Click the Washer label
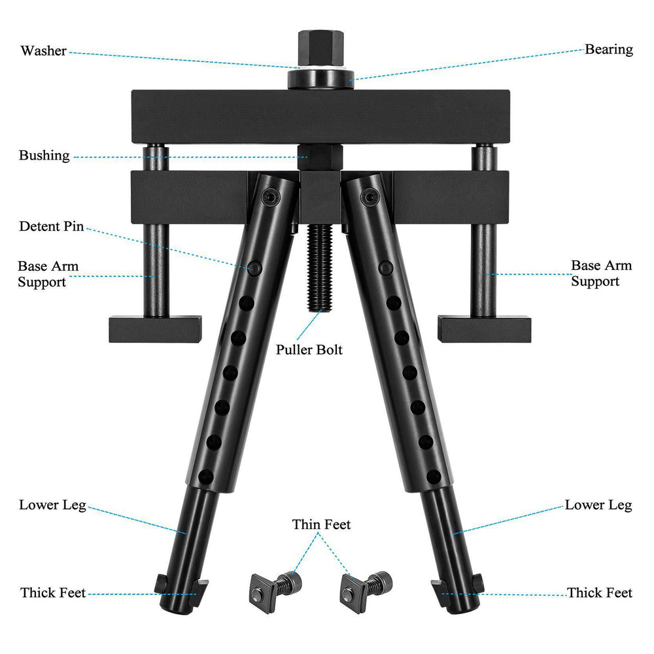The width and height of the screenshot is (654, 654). click(x=43, y=51)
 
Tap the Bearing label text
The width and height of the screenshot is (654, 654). click(x=608, y=50)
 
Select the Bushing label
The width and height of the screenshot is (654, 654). click(x=44, y=156)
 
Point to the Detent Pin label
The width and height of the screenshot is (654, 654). click(x=51, y=226)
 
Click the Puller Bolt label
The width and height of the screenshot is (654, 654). click(x=309, y=349)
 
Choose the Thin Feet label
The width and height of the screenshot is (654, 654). click(x=321, y=525)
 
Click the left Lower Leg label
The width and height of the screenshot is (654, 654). click(x=52, y=505)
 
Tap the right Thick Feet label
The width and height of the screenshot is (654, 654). click(x=599, y=593)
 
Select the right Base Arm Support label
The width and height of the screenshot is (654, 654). click(x=601, y=273)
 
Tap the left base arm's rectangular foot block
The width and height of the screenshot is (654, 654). click(x=155, y=329)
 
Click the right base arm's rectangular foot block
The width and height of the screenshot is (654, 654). click(x=484, y=329)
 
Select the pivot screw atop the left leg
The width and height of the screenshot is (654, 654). click(x=271, y=196)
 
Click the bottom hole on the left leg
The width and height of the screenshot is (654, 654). click(x=205, y=476)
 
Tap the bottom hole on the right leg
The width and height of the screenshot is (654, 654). click(x=434, y=476)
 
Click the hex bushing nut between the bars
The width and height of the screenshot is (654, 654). click(x=320, y=157)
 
